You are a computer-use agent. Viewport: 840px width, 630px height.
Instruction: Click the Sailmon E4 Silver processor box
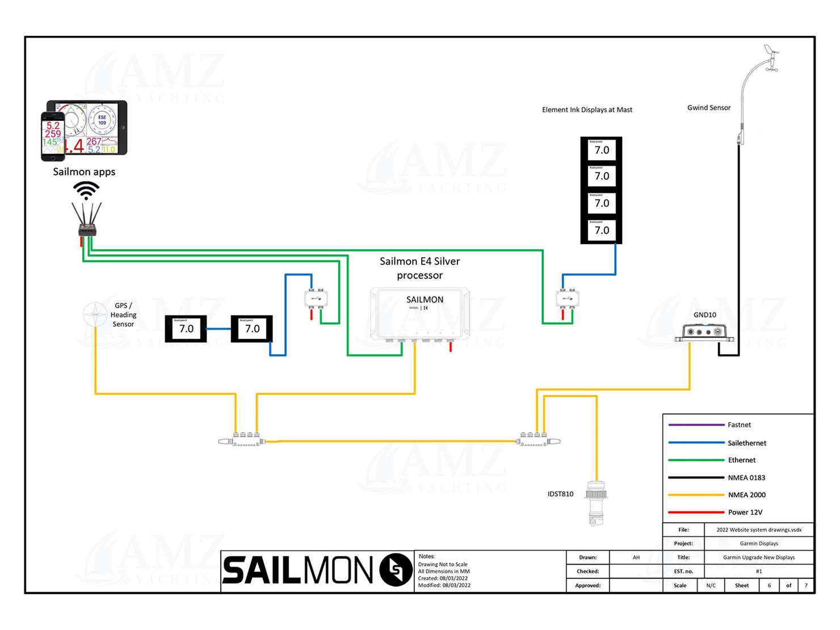click(x=420, y=313)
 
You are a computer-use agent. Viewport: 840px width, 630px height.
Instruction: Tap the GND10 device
click(x=704, y=332)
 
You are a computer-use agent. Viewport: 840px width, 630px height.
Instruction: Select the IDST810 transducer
click(x=596, y=502)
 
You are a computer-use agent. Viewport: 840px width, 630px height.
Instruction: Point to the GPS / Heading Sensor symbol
click(x=95, y=314)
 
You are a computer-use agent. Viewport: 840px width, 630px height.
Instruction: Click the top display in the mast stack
click(x=601, y=150)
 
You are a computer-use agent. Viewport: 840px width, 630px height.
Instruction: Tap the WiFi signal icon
click(x=86, y=190)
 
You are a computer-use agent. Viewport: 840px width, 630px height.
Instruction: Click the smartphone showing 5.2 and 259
click(x=53, y=136)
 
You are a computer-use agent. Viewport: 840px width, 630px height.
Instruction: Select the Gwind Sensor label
click(x=709, y=107)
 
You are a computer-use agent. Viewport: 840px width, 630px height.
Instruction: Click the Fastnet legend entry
click(x=739, y=425)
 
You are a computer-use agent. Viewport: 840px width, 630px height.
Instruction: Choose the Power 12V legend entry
click(x=745, y=512)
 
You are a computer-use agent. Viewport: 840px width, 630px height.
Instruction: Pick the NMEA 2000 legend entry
click(x=746, y=495)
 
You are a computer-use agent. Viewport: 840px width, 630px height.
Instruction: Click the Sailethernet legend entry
click(x=746, y=443)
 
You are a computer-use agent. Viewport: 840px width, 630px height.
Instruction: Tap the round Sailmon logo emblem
click(x=396, y=569)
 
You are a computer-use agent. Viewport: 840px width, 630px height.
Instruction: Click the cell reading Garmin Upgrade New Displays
click(x=759, y=557)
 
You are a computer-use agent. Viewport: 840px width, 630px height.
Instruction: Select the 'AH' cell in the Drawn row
click(x=636, y=557)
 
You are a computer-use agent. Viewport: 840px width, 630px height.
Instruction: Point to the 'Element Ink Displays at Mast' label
click(x=587, y=110)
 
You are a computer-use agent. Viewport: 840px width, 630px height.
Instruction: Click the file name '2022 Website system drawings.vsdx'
click(x=759, y=530)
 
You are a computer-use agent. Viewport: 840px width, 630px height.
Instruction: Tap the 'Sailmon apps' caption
click(x=84, y=171)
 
